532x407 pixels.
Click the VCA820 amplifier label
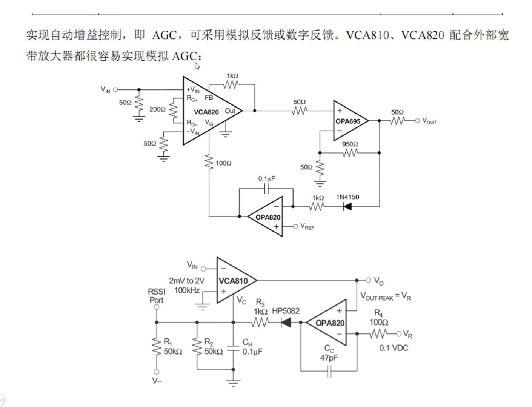point(206,112)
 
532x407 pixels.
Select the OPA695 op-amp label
point(348,121)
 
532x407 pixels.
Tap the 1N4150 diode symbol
point(347,206)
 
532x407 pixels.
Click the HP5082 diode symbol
point(286,323)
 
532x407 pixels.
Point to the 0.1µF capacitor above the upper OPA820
point(266,189)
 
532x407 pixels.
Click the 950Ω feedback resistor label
point(350,144)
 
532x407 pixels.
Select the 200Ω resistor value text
point(157,109)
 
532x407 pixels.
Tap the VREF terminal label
point(307,227)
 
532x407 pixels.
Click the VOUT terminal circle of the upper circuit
point(417,121)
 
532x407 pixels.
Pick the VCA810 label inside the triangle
point(233,281)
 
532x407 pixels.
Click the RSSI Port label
point(156,296)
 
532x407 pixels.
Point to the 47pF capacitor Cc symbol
point(329,373)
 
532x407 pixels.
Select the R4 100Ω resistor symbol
point(378,334)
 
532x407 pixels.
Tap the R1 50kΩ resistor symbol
point(156,346)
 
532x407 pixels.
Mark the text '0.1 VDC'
point(394,348)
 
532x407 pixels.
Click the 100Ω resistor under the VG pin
point(209,162)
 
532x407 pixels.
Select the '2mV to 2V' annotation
point(187,281)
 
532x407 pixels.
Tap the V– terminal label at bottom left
point(157,381)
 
